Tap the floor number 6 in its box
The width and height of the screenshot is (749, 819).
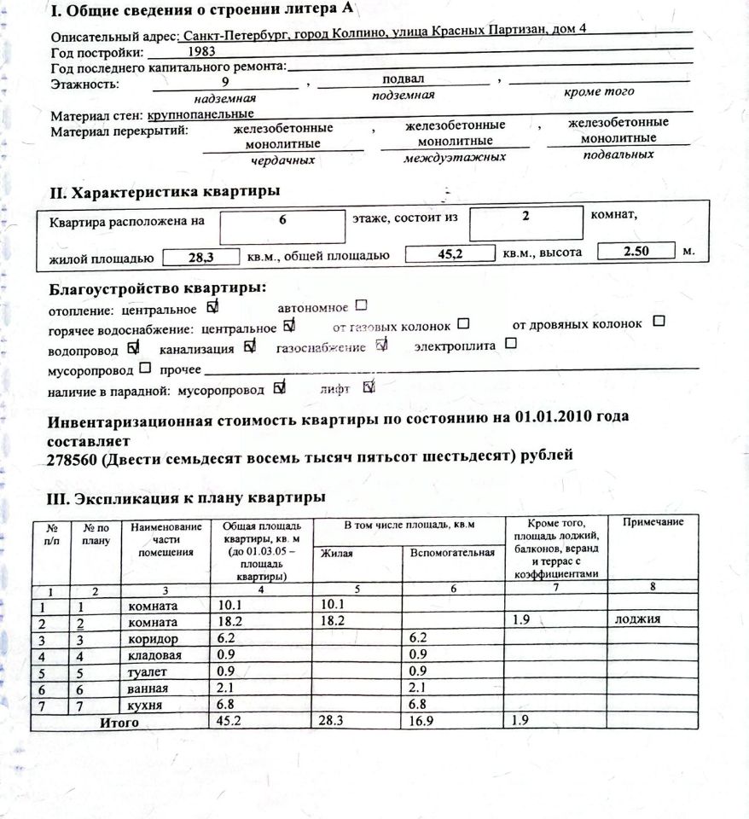[281, 219]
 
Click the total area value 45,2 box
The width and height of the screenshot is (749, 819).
[449, 254]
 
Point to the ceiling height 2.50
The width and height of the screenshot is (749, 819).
[636, 253]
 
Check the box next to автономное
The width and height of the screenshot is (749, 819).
[361, 305]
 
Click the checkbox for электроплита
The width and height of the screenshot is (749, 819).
[511, 344]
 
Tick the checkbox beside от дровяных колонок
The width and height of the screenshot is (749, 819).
[659, 322]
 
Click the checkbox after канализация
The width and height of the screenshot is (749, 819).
[249, 346]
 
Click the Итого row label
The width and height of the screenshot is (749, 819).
[119, 723]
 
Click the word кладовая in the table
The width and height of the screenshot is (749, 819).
[154, 655]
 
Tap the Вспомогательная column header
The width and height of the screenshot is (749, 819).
[452, 553]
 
